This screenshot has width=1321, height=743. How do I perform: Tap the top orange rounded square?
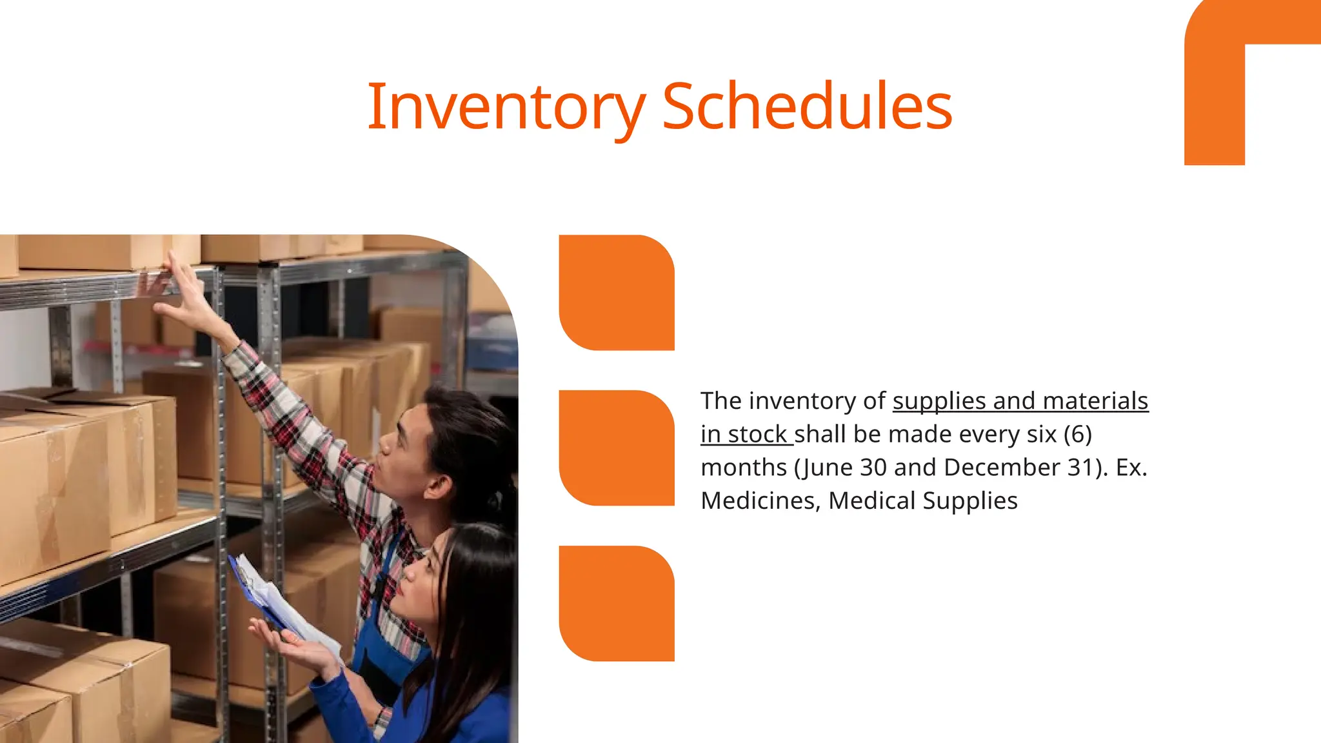(617, 292)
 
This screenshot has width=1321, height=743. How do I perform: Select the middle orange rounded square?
(617, 448)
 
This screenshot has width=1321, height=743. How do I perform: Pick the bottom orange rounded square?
(617, 603)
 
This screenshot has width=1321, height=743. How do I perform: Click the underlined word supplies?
(939, 401)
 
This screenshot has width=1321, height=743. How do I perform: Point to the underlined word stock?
(757, 435)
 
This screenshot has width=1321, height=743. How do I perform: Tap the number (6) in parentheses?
(1078, 434)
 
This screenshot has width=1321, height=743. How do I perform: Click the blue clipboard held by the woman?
(258, 593)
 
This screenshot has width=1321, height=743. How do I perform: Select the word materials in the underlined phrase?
(1095, 401)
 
